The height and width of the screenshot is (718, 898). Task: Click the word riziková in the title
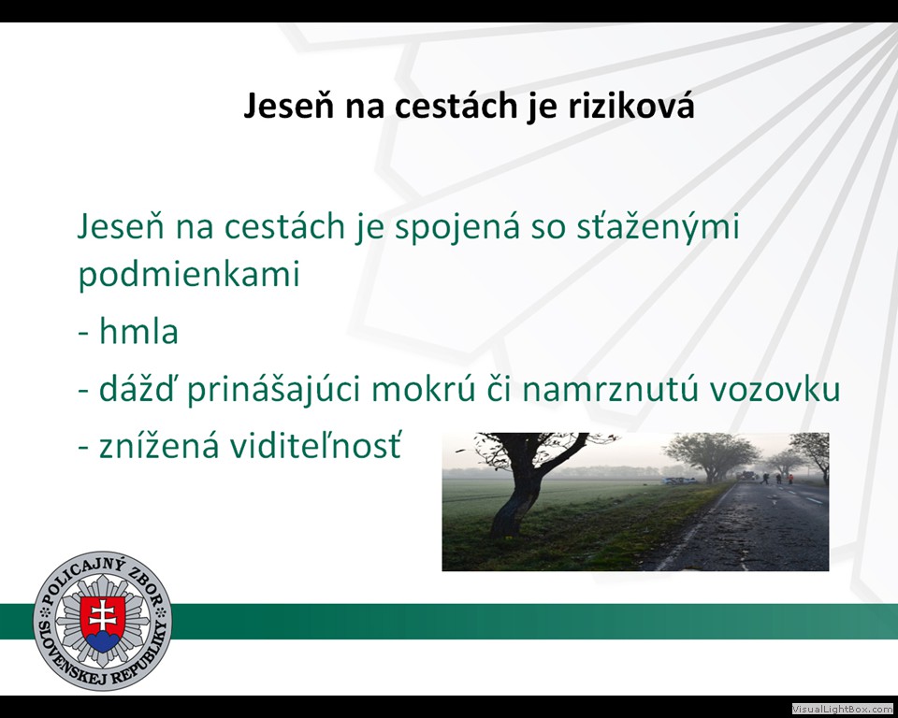click(631, 106)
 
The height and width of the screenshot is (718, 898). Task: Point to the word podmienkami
click(189, 275)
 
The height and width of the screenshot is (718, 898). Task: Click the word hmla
click(138, 332)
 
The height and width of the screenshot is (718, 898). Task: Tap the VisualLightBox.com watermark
click(843, 709)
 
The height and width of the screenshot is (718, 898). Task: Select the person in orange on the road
click(790, 479)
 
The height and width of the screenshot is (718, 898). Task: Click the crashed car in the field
click(680, 481)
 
